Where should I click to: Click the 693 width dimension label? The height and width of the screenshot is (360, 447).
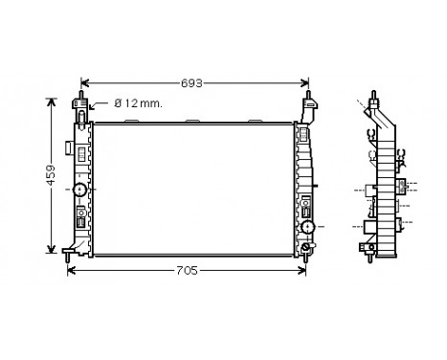(192, 83)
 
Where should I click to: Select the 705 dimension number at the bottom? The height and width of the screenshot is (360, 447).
(188, 271)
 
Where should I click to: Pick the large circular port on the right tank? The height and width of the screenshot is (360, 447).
(308, 228)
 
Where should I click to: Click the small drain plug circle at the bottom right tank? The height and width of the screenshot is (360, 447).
(306, 248)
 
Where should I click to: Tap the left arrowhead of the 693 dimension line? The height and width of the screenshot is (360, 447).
(82, 83)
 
